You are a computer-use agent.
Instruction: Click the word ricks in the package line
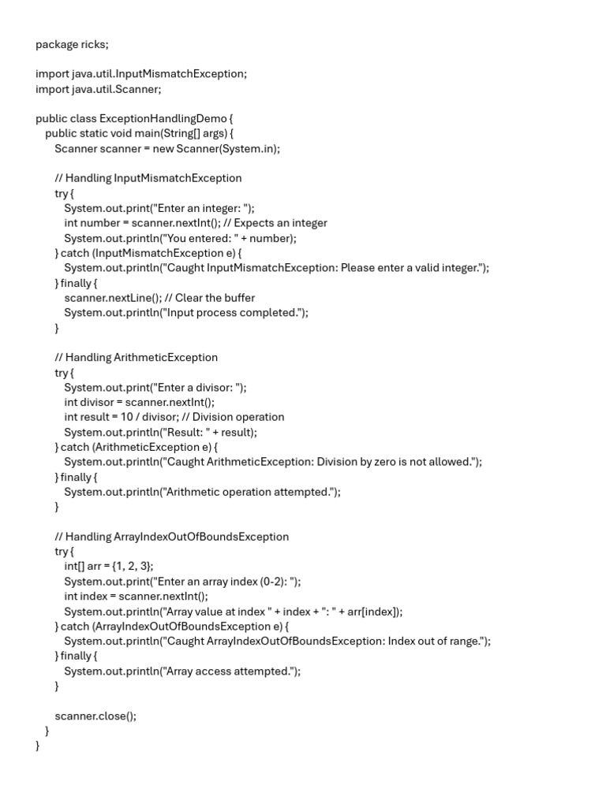coord(95,44)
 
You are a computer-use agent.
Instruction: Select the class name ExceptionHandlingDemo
coord(157,119)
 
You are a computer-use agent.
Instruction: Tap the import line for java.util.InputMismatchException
coord(141,74)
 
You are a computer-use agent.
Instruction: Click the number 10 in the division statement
coord(127,417)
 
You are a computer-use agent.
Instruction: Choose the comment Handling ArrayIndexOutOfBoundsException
coord(172,537)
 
